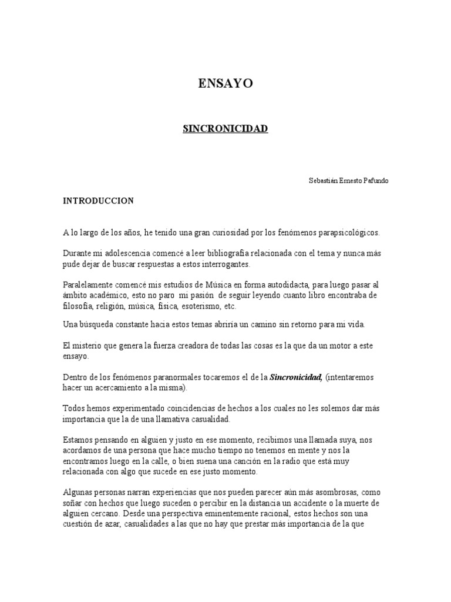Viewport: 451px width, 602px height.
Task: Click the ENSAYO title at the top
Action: [x=225, y=83]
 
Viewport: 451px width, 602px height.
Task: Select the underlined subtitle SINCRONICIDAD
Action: [x=225, y=128]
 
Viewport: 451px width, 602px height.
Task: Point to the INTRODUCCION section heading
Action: [x=99, y=201]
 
